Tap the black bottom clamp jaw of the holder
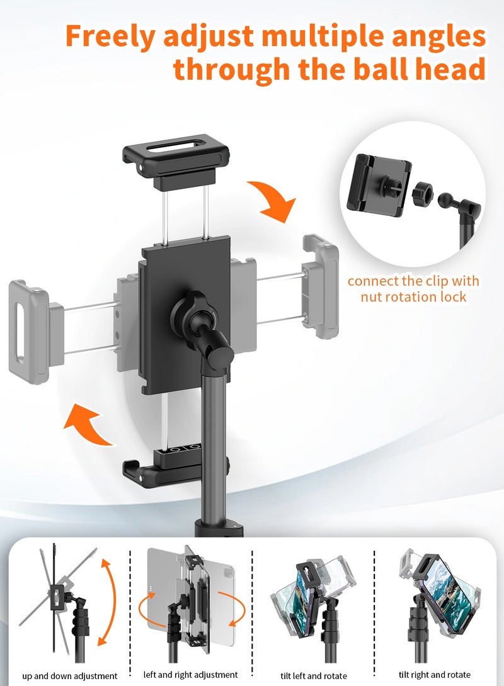(175, 464)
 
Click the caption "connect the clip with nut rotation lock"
(413, 288)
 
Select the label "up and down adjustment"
(70, 676)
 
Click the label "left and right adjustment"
(191, 675)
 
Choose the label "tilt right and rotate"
(436, 675)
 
